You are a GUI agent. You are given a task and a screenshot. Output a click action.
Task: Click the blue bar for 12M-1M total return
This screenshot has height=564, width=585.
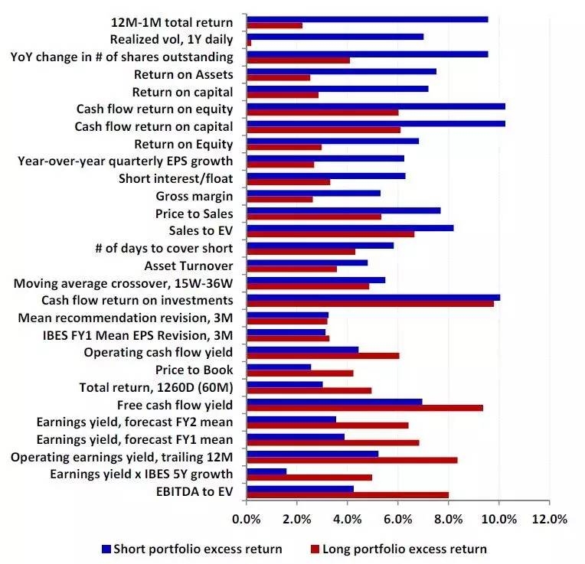pos(367,18)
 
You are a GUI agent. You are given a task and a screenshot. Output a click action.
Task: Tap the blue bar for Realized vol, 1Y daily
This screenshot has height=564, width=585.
pos(335,36)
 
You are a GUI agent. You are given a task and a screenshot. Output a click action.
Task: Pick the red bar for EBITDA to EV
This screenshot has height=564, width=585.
pos(348,494)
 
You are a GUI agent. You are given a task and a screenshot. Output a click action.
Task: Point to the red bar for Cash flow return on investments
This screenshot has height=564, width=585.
pos(370,304)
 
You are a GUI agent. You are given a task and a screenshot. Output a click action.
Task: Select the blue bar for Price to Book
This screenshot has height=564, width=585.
pos(279,367)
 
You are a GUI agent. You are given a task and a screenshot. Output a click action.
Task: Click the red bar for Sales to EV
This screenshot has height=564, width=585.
pos(330,234)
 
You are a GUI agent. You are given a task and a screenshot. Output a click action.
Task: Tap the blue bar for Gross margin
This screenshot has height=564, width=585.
pos(313,193)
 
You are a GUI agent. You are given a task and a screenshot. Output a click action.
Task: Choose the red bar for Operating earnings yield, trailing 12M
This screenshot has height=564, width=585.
pos(352,460)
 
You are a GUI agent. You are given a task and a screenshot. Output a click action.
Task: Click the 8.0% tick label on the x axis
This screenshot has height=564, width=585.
pos(449,520)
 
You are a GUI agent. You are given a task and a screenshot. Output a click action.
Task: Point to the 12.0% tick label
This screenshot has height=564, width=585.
pos(549,520)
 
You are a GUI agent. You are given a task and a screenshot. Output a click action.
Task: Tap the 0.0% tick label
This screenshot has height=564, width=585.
pos(247,520)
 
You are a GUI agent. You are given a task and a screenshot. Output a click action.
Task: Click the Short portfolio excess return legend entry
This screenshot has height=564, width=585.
pos(192,549)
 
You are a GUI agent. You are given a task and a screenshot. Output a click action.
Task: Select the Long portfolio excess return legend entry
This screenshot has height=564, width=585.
pos(398,549)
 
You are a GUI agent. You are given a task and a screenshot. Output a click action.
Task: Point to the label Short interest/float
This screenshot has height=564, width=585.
pos(176,178)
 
